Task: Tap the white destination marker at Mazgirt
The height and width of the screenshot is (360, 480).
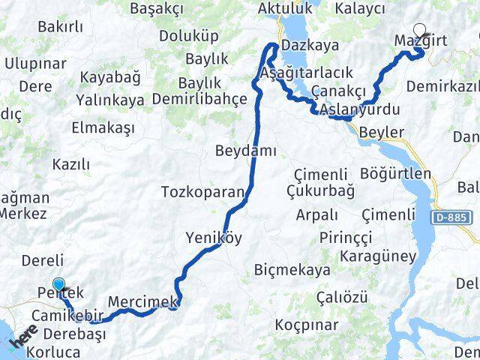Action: pos(419,31)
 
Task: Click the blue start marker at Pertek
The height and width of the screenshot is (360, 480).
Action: pos(59,285)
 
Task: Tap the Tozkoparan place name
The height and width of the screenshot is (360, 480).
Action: pos(202,193)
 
